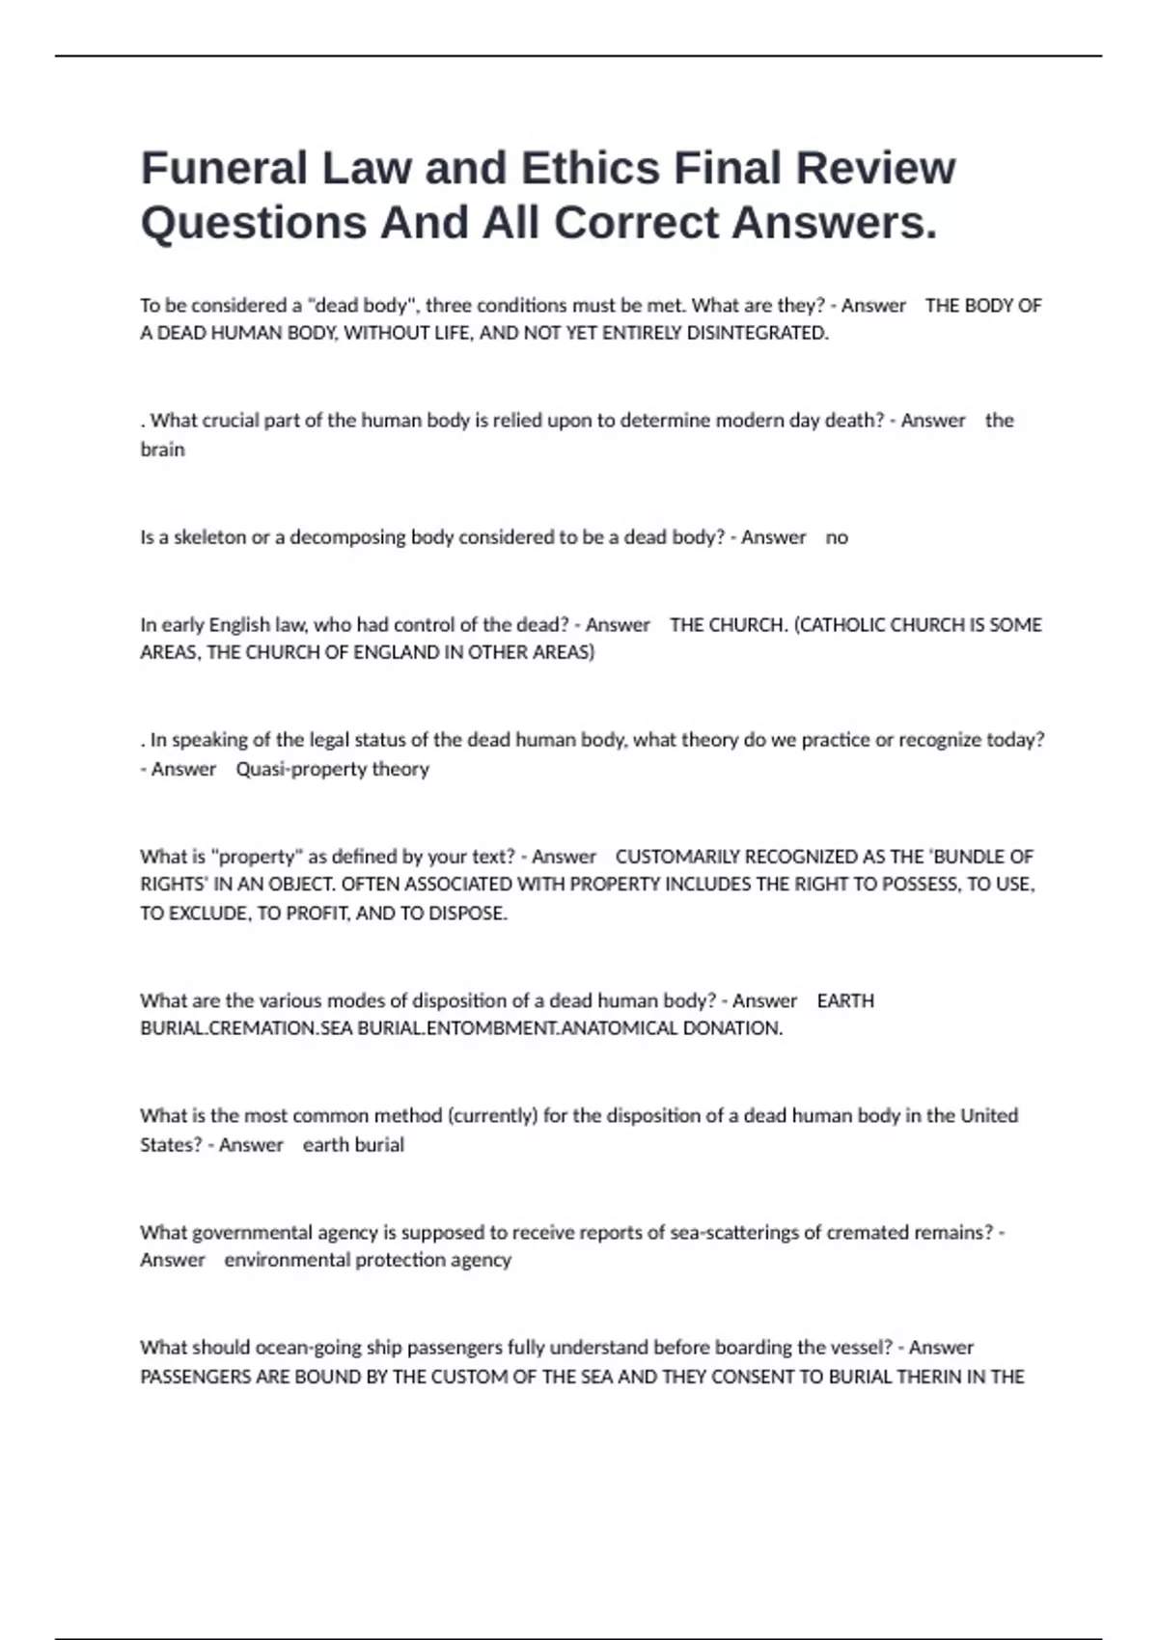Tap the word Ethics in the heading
[596, 168]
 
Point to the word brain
[162, 450]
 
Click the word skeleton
[209, 537]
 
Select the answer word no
[837, 537]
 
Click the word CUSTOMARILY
[677, 857]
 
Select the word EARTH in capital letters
[845, 1001]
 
